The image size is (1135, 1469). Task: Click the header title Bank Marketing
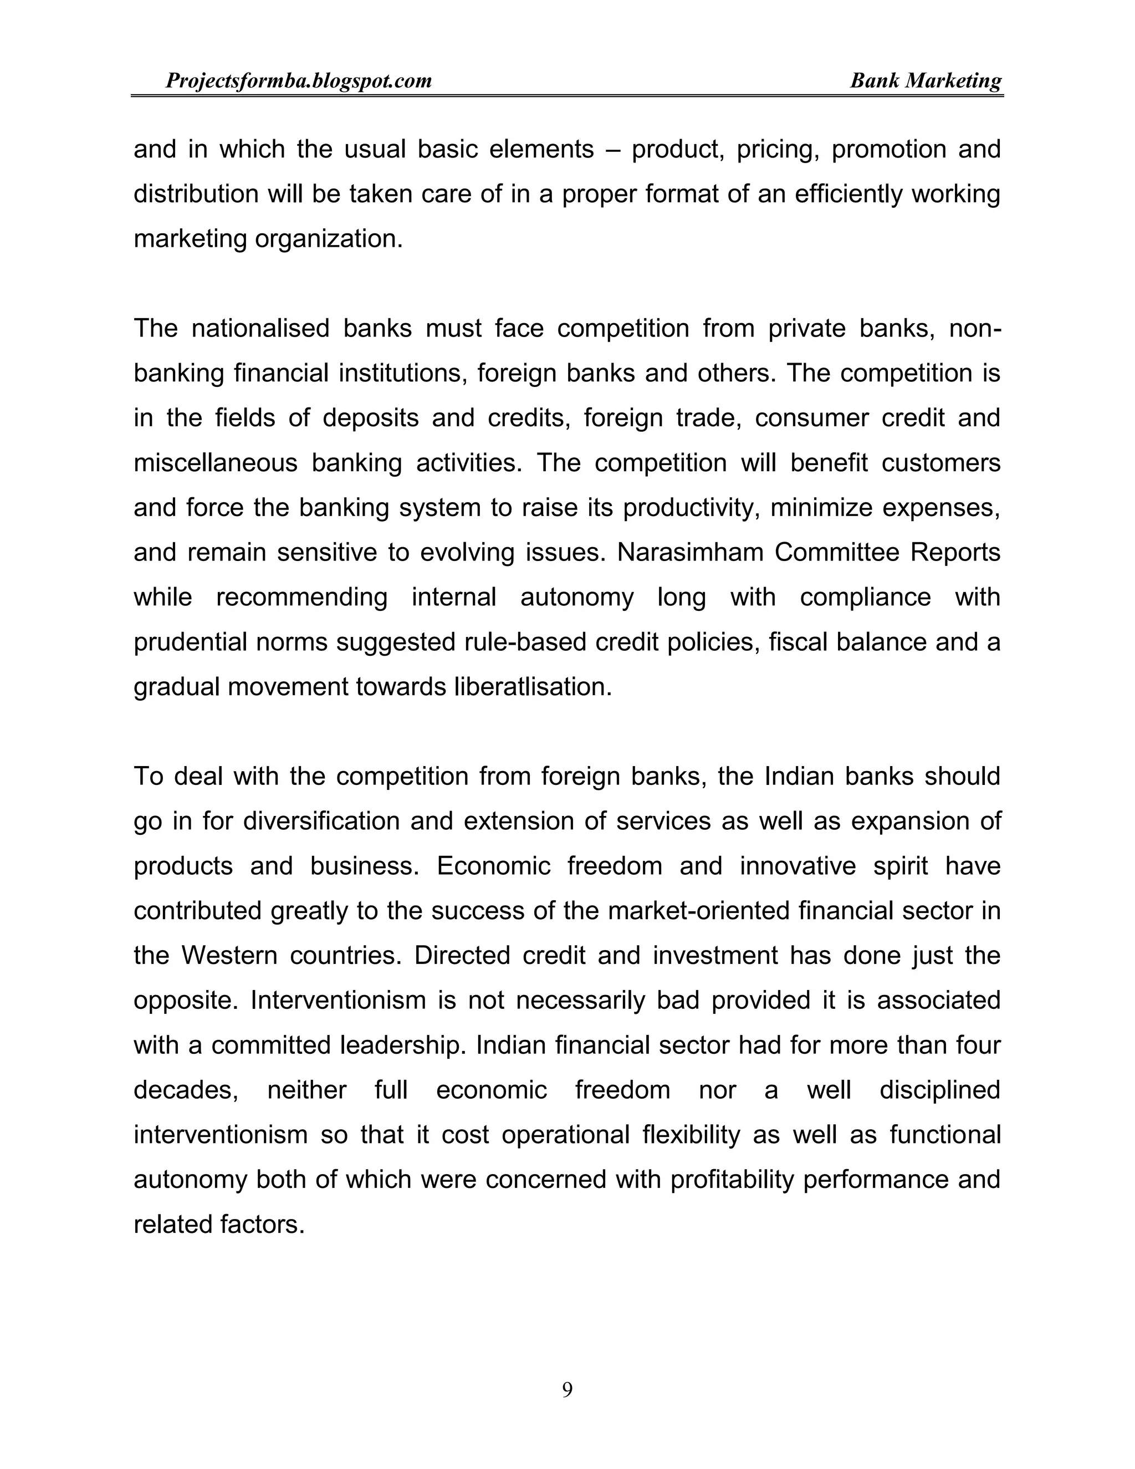point(925,81)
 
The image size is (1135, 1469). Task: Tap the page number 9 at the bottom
point(567,1389)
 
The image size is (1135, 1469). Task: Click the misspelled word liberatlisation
point(533,687)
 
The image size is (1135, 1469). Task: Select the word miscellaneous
point(215,463)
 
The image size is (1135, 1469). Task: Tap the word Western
point(229,955)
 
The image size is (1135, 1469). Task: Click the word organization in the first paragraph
point(328,239)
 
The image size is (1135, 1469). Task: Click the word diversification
point(322,822)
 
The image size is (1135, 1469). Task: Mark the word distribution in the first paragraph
point(196,193)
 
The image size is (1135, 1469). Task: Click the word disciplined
point(939,1090)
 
